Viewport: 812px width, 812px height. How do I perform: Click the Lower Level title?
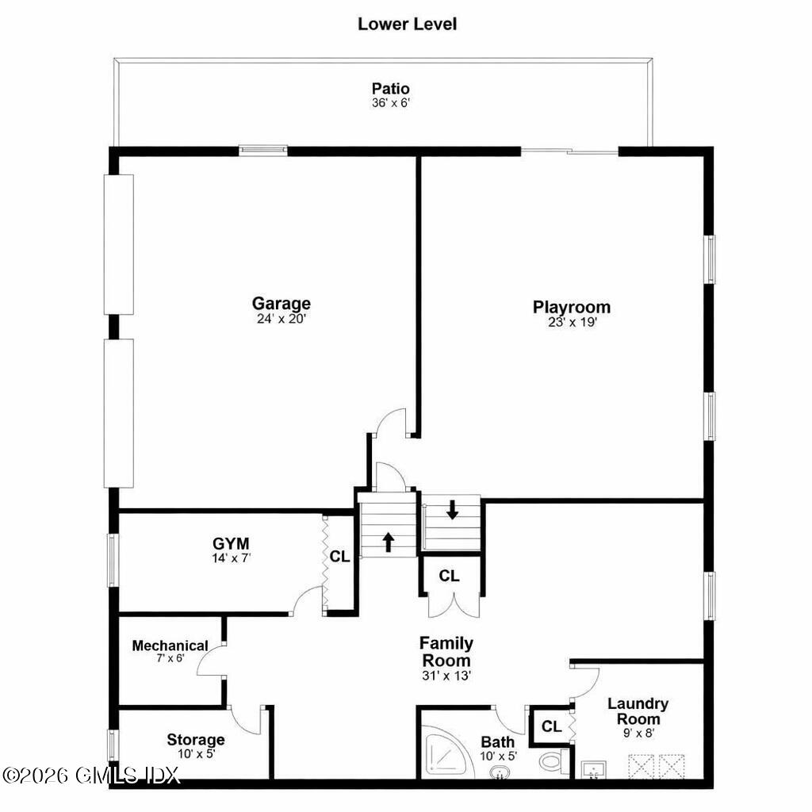pyautogui.click(x=407, y=24)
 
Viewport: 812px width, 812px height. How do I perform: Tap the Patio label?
pyautogui.click(x=390, y=89)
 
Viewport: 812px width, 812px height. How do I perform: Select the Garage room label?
pyautogui.click(x=281, y=304)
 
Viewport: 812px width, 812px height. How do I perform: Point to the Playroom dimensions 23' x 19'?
pyautogui.click(x=571, y=323)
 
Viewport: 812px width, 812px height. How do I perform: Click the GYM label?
pyautogui.click(x=231, y=544)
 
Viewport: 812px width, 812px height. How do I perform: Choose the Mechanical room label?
pyautogui.click(x=170, y=645)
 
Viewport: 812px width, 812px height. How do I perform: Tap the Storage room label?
pyautogui.click(x=195, y=740)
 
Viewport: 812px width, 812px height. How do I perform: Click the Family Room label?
pyautogui.click(x=446, y=651)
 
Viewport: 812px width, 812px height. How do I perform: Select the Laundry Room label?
pyautogui.click(x=638, y=711)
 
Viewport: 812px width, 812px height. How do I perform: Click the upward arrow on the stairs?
pyautogui.click(x=389, y=542)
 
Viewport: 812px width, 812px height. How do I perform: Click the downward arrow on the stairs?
pyautogui.click(x=452, y=509)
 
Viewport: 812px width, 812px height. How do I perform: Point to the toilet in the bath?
pyautogui.click(x=552, y=762)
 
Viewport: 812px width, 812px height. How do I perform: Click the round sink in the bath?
pyautogui.click(x=500, y=772)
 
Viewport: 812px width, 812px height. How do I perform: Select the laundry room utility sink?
pyautogui.click(x=593, y=770)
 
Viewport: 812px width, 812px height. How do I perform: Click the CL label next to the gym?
pyautogui.click(x=339, y=557)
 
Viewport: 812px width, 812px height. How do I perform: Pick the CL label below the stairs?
pyautogui.click(x=449, y=576)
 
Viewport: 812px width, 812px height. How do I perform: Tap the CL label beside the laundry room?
pyautogui.click(x=551, y=726)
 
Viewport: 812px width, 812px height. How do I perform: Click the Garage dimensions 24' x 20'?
pyautogui.click(x=281, y=319)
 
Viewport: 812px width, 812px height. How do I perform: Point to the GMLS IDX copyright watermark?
pyautogui.click(x=91, y=775)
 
